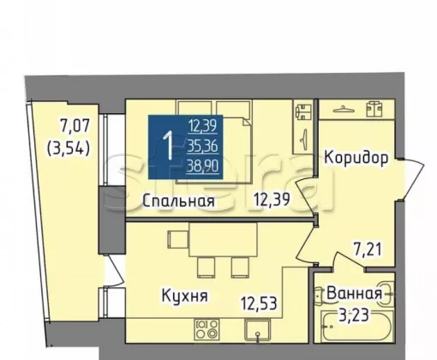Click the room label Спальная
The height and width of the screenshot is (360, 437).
click(x=178, y=201)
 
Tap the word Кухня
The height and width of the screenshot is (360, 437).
click(x=185, y=296)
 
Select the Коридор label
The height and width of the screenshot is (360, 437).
click(x=356, y=158)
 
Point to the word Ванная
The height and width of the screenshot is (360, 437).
click(x=354, y=293)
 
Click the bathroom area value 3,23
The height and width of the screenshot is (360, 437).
click(x=354, y=315)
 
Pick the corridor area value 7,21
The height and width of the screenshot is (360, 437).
click(x=368, y=249)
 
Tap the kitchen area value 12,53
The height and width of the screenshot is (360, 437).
click(x=259, y=303)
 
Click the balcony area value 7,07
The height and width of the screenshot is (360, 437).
click(x=75, y=125)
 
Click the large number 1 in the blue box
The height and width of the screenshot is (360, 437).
click(x=168, y=146)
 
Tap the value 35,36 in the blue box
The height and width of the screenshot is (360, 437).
click(x=202, y=147)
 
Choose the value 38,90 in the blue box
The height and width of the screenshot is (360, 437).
click(x=202, y=165)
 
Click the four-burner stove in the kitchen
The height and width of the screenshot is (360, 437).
click(x=207, y=330)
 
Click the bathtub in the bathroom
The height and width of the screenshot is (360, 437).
click(x=356, y=327)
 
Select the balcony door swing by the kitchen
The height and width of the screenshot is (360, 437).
click(x=116, y=270)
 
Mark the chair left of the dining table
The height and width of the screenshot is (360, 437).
click(x=177, y=240)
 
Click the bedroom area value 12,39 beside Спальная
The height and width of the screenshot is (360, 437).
click(x=272, y=200)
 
